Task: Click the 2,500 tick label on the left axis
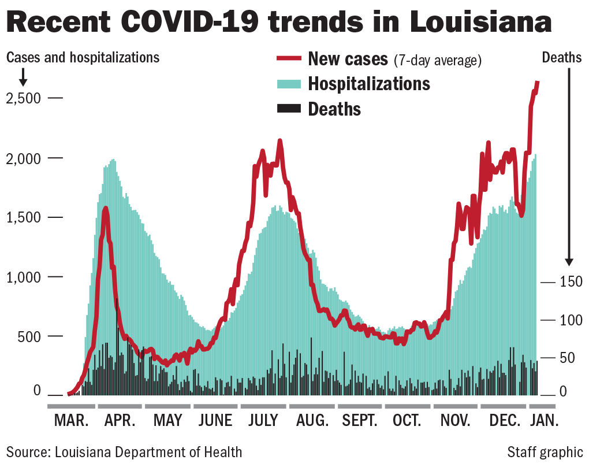pos(24,98)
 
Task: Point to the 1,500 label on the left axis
pos(24,217)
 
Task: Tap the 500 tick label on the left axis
pos(29,336)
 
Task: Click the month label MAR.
pos(72,420)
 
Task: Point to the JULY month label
pos(263,420)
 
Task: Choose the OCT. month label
pos(407,420)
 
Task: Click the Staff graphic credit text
pos(545,451)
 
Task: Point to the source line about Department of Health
pos(124,451)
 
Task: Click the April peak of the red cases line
pos(105,208)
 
